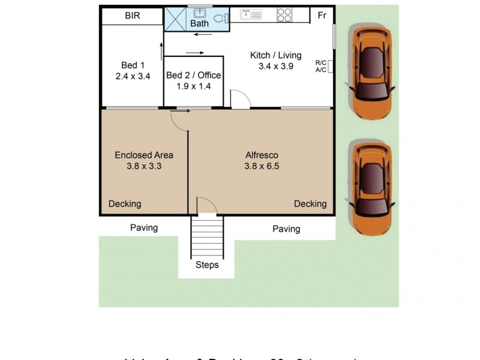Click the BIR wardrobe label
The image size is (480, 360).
pyautogui.click(x=133, y=16)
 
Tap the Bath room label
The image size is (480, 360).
pyautogui.click(x=199, y=24)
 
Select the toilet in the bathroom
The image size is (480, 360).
pyautogui.click(x=220, y=18)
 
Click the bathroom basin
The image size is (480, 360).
pyautogui.click(x=199, y=13)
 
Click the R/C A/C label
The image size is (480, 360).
pyautogui.click(x=321, y=66)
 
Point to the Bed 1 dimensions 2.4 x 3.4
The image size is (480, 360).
pyautogui.click(x=133, y=76)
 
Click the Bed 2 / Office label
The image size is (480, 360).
pyautogui.click(x=193, y=76)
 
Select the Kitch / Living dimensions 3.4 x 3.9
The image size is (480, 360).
pyautogui.click(x=275, y=67)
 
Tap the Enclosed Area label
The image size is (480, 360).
pyautogui.click(x=144, y=155)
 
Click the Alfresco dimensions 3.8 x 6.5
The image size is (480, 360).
pyautogui.click(x=262, y=166)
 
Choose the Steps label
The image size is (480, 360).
pyautogui.click(x=207, y=265)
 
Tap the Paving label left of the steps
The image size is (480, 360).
pyautogui.click(x=144, y=227)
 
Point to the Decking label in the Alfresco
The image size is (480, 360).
pyautogui.click(x=310, y=204)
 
